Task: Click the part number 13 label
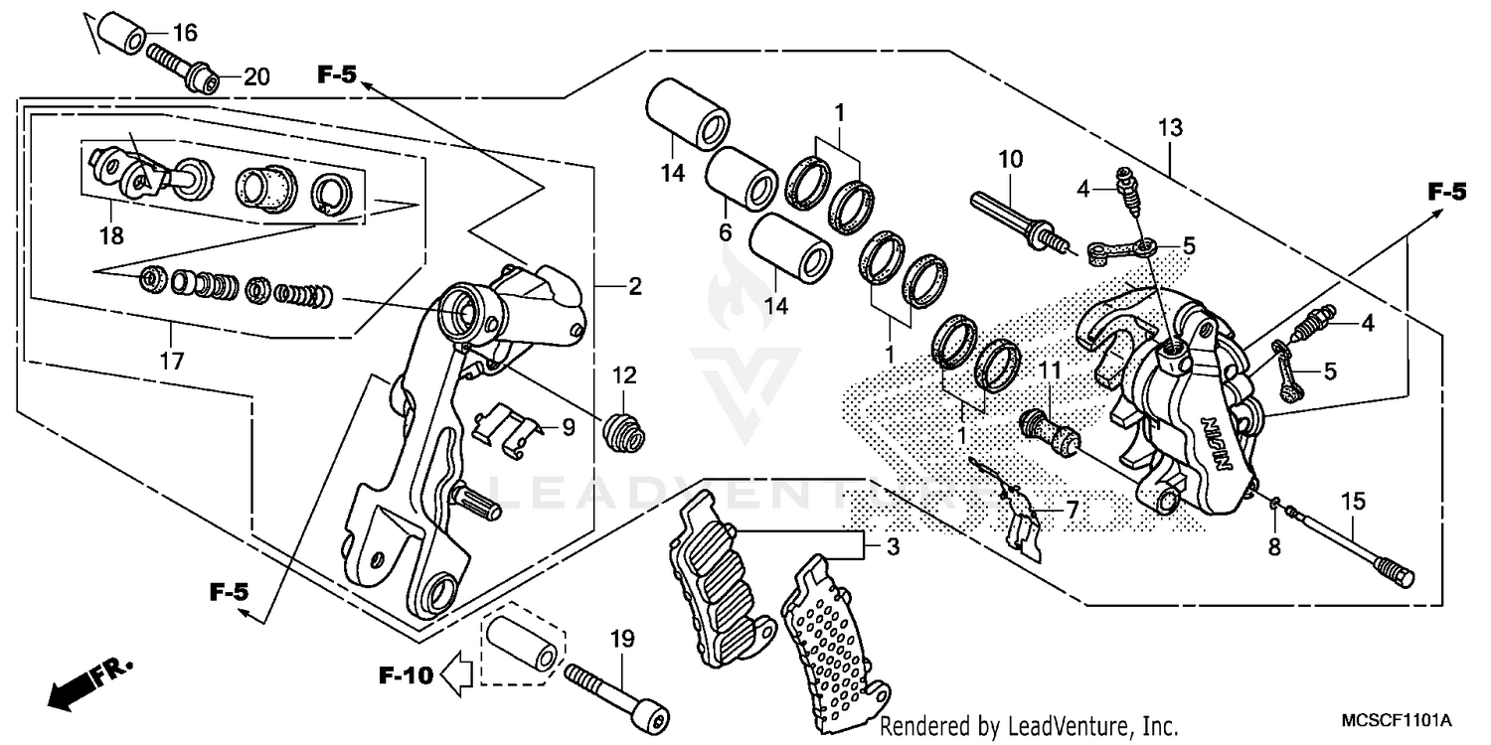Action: click(1170, 127)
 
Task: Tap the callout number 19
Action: click(622, 641)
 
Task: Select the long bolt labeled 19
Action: click(616, 695)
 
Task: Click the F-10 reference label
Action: click(406, 676)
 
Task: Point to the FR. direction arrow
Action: click(81, 684)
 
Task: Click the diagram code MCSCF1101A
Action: click(1397, 719)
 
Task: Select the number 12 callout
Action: click(623, 375)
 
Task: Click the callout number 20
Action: click(256, 78)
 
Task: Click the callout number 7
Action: click(1072, 510)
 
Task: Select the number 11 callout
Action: click(1051, 371)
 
